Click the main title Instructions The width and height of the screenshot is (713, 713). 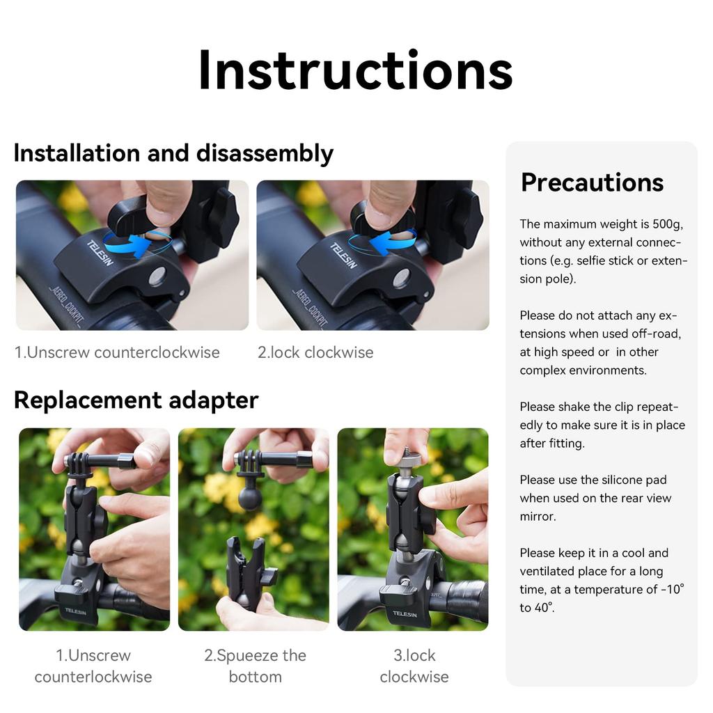point(356,71)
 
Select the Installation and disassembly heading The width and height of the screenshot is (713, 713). point(173,153)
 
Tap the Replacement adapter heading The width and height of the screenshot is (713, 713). point(136,400)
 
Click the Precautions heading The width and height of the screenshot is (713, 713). point(592,182)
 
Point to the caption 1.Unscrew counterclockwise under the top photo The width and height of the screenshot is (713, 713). point(117,352)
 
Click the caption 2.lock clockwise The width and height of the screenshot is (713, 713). point(315,352)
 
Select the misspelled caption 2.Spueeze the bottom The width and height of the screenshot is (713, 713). point(255,666)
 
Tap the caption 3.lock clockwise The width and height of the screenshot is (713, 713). point(414,666)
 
